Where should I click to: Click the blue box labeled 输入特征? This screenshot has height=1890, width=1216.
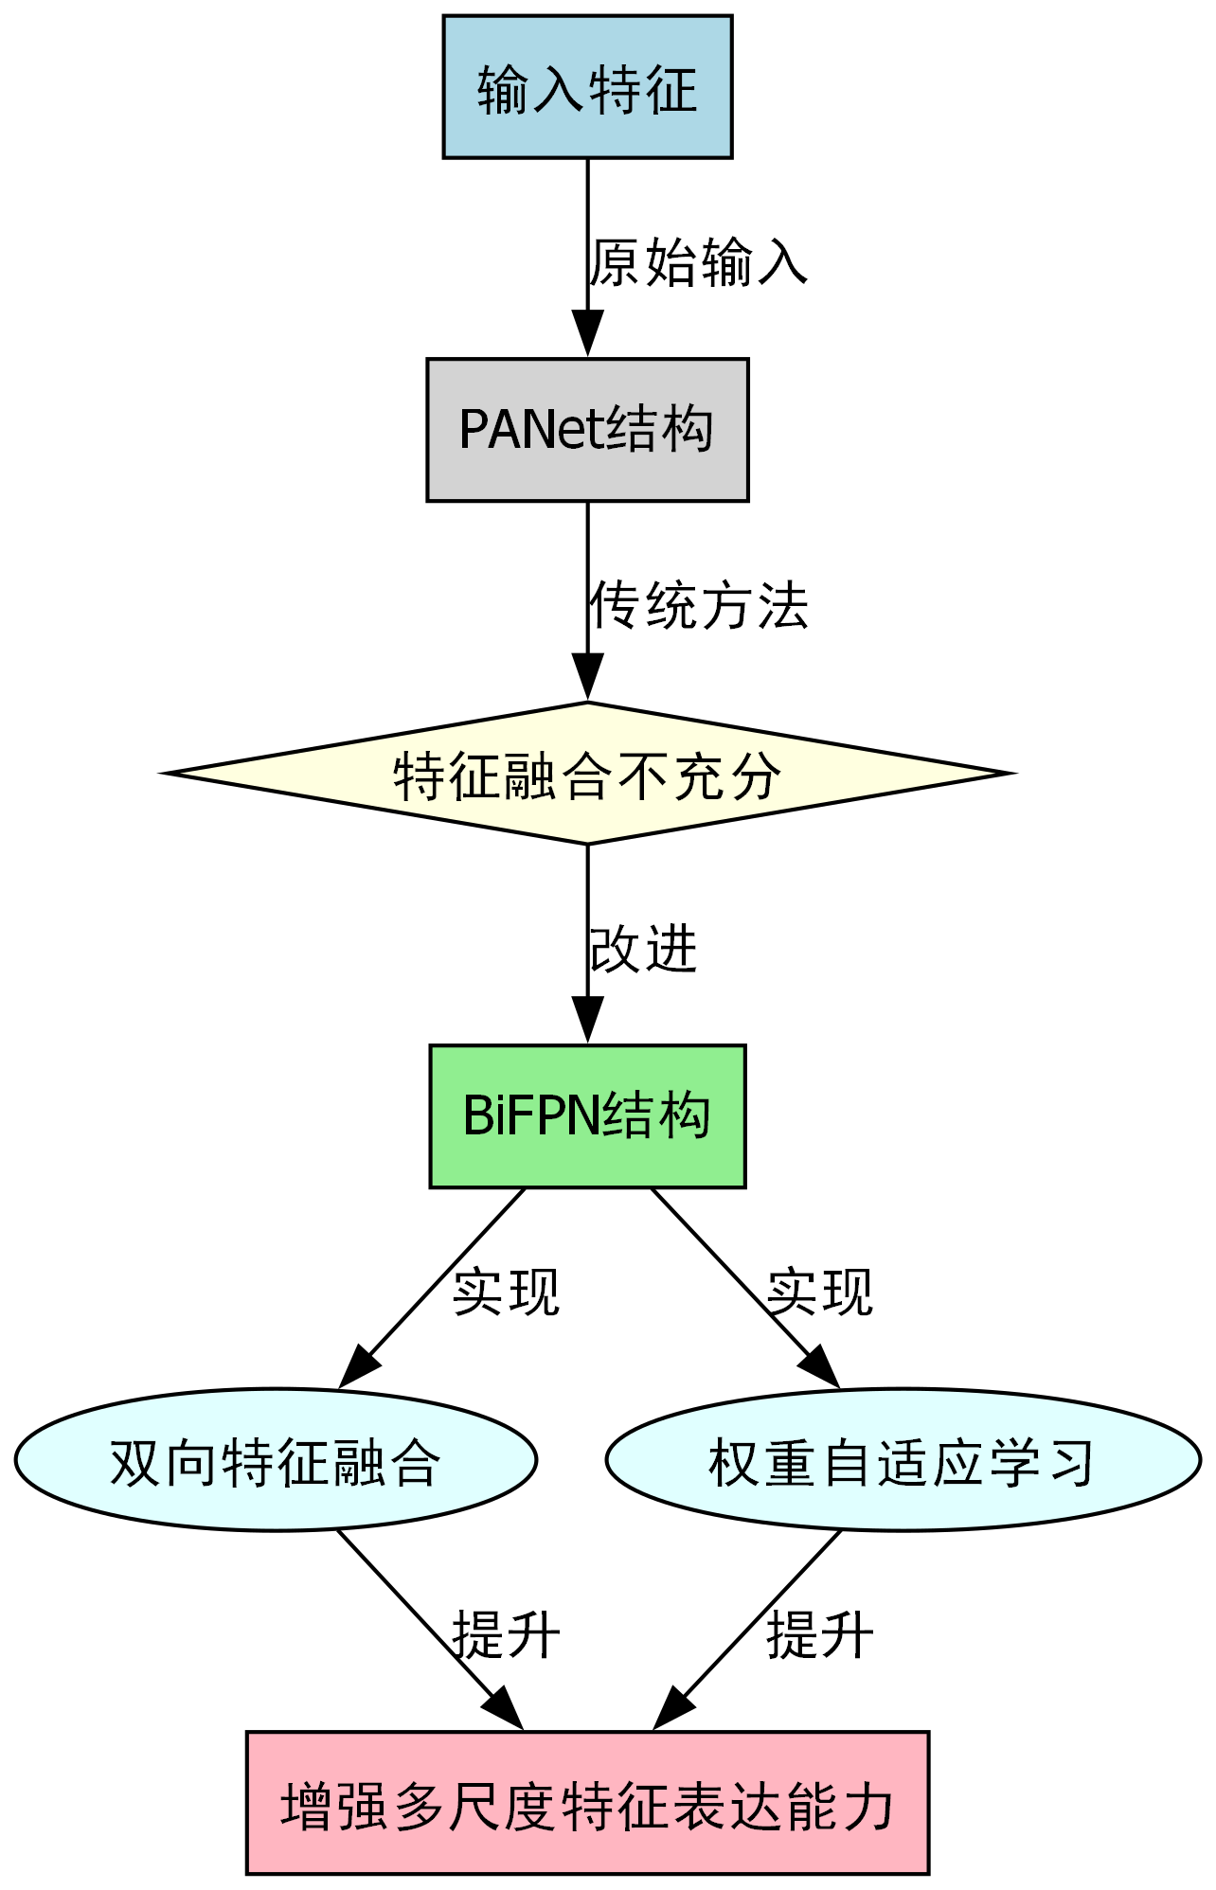tap(587, 87)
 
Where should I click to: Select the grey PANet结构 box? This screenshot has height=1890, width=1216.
tap(587, 430)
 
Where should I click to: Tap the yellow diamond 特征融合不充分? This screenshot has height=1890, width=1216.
tap(587, 774)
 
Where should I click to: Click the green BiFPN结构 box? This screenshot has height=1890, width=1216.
tap(587, 1116)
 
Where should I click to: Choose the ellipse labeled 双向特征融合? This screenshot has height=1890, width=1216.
tap(276, 1460)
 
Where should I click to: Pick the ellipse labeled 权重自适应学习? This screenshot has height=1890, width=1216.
tap(903, 1460)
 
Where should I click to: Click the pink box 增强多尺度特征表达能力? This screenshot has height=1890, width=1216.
tap(587, 1803)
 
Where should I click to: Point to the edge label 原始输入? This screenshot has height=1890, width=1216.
tap(698, 262)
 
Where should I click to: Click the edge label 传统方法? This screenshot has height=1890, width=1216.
tap(698, 605)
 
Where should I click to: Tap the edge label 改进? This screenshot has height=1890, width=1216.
tap(643, 949)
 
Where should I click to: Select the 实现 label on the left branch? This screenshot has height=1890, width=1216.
tap(506, 1292)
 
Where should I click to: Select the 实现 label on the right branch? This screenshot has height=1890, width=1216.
tap(819, 1292)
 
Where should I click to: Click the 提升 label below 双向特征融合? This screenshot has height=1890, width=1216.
tap(506, 1634)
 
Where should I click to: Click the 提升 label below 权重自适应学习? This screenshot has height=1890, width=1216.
tap(819, 1634)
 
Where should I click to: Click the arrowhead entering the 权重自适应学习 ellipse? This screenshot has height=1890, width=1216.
tap(821, 1369)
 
